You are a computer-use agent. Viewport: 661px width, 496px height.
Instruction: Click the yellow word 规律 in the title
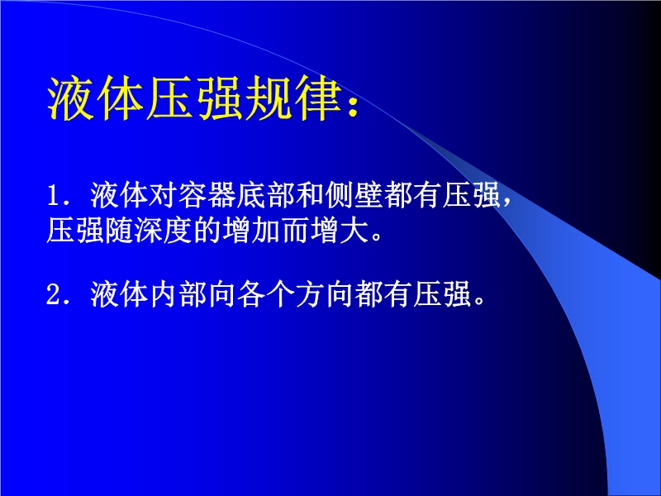294,98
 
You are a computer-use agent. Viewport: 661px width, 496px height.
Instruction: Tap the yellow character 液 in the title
70,98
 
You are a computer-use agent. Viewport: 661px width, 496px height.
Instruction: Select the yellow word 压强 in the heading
195,98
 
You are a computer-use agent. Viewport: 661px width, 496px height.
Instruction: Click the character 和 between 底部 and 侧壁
309,195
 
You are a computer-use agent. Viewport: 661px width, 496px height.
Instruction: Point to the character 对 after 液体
163,195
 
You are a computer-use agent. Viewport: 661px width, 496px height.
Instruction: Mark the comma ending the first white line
507,203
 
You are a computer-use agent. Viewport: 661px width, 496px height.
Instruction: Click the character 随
119,231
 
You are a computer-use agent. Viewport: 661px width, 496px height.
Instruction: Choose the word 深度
163,231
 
